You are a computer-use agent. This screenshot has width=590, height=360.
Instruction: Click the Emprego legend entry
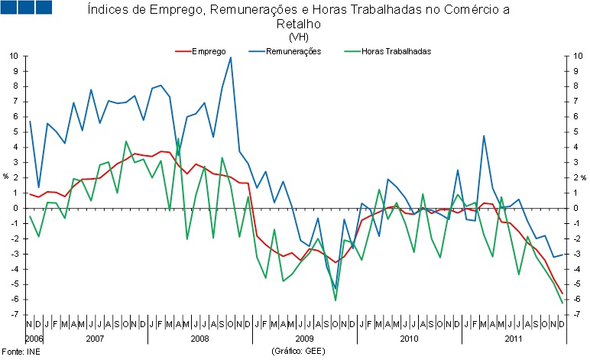(x=208, y=51)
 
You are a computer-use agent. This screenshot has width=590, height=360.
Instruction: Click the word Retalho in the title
(x=297, y=24)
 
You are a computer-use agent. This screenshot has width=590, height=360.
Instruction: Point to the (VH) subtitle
(x=297, y=37)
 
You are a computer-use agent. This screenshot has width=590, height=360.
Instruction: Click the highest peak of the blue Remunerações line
(x=230, y=57)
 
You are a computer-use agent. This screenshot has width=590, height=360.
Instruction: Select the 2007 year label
(x=95, y=337)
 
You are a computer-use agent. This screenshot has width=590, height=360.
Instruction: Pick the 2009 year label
(x=304, y=337)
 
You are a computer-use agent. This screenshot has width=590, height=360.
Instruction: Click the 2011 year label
(x=513, y=337)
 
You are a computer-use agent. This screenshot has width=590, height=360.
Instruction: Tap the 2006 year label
(x=34, y=337)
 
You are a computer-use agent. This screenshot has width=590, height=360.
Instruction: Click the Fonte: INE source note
(x=21, y=351)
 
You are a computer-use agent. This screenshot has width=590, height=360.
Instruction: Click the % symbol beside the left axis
(x=5, y=177)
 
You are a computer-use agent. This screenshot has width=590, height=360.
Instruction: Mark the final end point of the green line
(x=562, y=303)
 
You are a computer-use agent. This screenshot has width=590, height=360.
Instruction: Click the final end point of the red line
(x=562, y=294)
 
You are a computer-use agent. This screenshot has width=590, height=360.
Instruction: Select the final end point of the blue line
(x=562, y=255)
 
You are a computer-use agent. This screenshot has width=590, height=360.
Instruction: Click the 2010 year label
(x=408, y=337)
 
